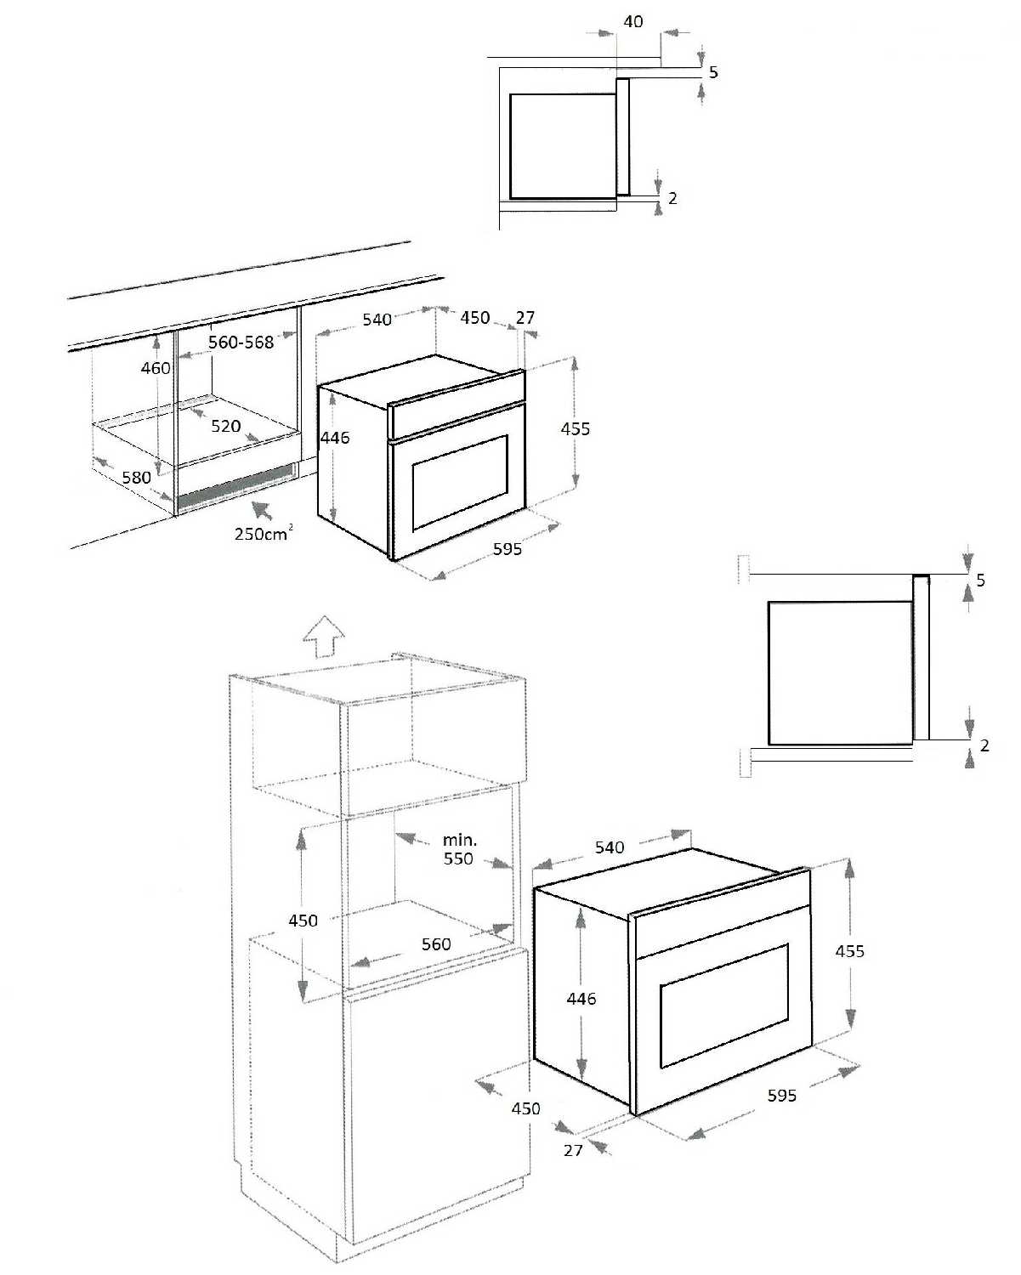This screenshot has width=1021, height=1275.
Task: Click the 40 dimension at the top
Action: [x=633, y=21]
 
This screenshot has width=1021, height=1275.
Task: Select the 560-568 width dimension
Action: [x=241, y=342]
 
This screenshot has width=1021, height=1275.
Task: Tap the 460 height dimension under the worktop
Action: [x=156, y=368]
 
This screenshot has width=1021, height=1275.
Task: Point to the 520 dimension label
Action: [x=225, y=426]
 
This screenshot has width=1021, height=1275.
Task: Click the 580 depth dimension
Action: [x=136, y=477]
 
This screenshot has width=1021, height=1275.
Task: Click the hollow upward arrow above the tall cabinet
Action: [x=324, y=637]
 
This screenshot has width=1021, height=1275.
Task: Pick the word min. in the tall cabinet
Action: [x=460, y=840]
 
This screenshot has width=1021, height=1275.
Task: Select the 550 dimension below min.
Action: [x=458, y=858]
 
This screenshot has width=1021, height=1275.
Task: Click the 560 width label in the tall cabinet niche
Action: [x=436, y=943]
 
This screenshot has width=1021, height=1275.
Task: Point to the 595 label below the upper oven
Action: [x=508, y=549]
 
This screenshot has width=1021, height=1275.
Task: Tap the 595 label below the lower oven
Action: [x=782, y=1096]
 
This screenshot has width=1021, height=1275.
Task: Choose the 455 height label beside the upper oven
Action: [x=576, y=428]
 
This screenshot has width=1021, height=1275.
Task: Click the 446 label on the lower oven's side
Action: [x=581, y=999]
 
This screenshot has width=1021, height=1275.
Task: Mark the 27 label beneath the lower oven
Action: [x=574, y=1149]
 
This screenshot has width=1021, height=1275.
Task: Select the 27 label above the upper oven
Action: [x=525, y=317]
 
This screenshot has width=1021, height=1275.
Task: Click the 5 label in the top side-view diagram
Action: [x=713, y=72]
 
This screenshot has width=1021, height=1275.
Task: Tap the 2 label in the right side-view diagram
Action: [x=984, y=745]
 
